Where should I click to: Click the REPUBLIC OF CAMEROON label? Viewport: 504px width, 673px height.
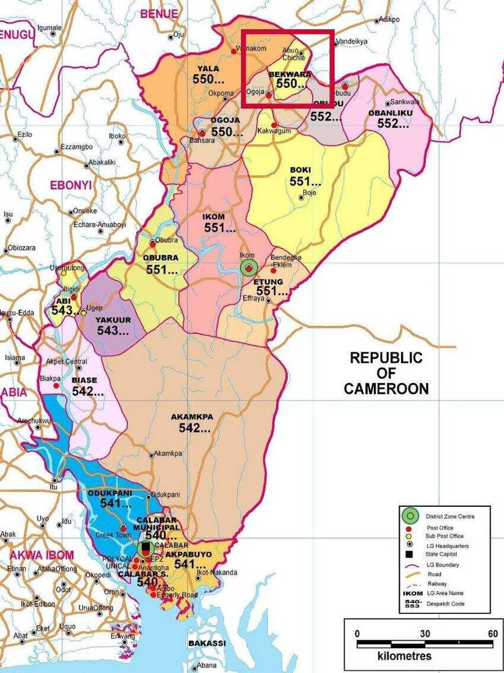point(386,373)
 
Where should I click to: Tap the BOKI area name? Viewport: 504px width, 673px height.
point(300,170)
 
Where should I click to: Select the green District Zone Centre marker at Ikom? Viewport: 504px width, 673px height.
point(248,268)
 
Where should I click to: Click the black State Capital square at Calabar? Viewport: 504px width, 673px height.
point(145,547)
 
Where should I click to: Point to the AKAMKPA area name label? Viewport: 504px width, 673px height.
point(192,417)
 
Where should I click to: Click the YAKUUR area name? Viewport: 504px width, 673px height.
point(113,320)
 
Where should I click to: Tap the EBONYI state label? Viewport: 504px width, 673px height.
point(71,185)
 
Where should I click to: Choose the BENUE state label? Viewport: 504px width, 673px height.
point(159,14)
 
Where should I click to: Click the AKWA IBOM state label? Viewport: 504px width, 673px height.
point(41,555)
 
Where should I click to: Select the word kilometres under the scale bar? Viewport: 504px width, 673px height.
point(404,655)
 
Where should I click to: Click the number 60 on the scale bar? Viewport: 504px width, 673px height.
point(493,633)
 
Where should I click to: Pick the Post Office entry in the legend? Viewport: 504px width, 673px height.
point(440,528)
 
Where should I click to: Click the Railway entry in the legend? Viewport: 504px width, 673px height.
point(437,584)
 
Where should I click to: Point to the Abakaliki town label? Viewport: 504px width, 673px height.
point(102,162)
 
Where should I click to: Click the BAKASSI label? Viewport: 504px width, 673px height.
point(207,643)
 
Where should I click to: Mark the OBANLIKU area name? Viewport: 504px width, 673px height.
point(390,113)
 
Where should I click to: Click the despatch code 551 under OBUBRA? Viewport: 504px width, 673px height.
point(162,270)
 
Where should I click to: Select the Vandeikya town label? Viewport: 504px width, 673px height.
point(352,41)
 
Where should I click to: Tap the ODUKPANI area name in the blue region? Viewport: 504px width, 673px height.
point(110,493)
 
